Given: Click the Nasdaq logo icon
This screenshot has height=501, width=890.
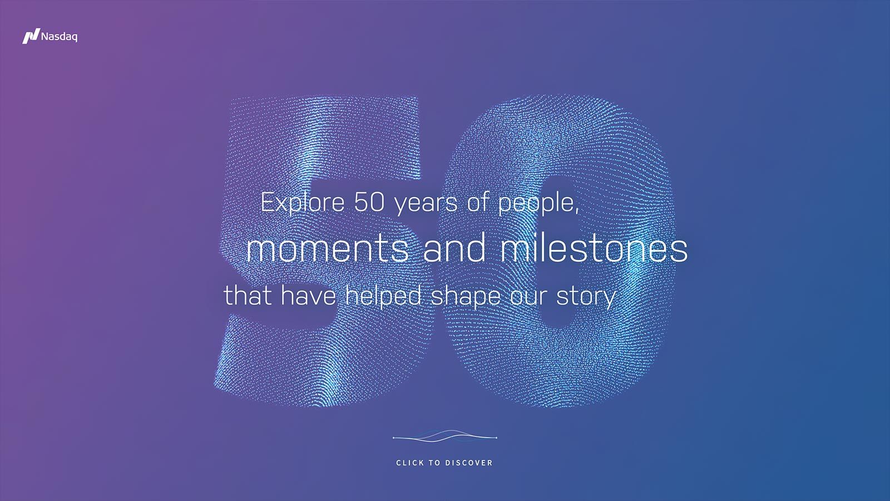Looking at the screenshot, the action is [31, 36].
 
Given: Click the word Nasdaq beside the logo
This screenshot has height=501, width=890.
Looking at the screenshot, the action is [59, 37].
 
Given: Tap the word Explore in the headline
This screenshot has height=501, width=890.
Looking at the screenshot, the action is [303, 203].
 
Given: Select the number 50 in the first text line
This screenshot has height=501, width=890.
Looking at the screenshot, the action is [369, 202].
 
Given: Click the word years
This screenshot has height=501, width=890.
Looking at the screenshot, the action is [426, 204].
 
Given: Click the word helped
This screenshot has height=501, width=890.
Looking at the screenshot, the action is [383, 296].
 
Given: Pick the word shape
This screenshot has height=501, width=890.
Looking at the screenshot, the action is [466, 297].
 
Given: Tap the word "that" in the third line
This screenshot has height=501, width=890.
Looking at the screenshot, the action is [247, 296].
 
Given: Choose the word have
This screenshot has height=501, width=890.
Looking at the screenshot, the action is [308, 296].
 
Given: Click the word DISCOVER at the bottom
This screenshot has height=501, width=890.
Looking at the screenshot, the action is [469, 463].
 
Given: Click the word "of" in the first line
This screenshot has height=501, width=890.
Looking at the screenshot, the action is [477, 202].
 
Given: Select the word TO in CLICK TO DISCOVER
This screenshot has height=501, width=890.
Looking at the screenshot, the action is [434, 463].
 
